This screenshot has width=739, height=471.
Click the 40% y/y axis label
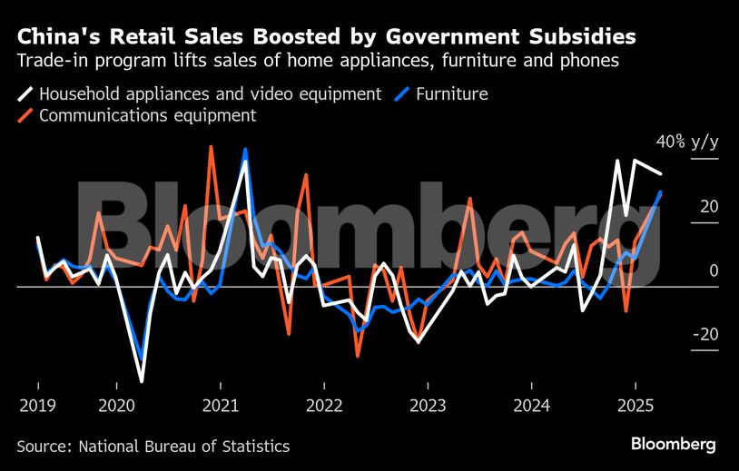tap(687, 142)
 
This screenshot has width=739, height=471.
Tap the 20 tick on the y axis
tap(708, 206)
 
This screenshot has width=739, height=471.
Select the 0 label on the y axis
tap(714, 270)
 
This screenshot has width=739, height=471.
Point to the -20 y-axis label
tap(705, 335)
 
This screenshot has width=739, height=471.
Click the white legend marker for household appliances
tap(26, 93)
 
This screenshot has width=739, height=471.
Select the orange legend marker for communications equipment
tap(26, 116)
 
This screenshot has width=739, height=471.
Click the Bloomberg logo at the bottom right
tap(673, 444)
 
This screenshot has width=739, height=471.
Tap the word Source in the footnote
tap(44, 446)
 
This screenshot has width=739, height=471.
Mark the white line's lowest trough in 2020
tap(142, 380)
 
